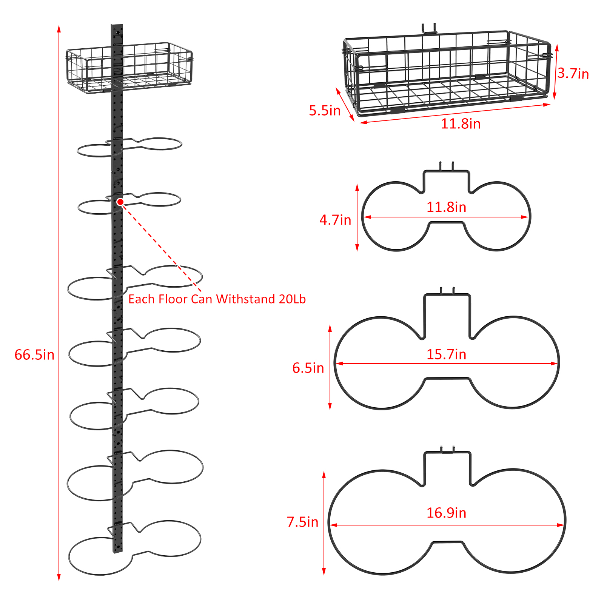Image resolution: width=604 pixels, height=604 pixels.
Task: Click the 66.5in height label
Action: pyautogui.click(x=34, y=355)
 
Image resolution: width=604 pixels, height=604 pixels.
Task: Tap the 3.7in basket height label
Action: pyautogui.click(x=573, y=74)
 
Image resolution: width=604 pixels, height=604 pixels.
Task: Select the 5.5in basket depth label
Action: pyautogui.click(x=325, y=111)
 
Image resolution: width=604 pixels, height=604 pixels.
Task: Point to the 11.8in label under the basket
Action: pyautogui.click(x=461, y=124)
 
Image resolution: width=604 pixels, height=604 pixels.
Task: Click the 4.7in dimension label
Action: pyautogui.click(x=335, y=220)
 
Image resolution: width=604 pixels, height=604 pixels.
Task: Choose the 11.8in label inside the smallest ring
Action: pyautogui.click(x=446, y=207)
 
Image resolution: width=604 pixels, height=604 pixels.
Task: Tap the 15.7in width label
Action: pyautogui.click(x=446, y=354)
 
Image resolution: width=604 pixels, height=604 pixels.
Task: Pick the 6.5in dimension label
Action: pyautogui.click(x=308, y=368)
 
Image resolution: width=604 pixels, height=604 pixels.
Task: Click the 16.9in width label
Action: pyautogui.click(x=446, y=513)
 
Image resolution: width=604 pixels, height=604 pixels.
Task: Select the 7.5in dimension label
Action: pyautogui.click(x=302, y=522)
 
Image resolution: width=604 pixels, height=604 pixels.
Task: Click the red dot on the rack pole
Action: pyautogui.click(x=120, y=202)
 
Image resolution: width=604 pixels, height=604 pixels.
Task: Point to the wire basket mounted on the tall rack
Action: pyautogui.click(x=129, y=67)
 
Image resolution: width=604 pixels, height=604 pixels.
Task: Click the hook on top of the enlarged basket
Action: pyautogui.click(x=429, y=29)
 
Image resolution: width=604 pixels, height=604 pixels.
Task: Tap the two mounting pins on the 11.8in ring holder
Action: pyautogui.click(x=447, y=166)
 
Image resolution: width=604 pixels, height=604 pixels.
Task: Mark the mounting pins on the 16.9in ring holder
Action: pyautogui.click(x=447, y=449)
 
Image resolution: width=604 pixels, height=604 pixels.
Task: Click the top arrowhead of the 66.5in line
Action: pyautogui.click(x=59, y=29)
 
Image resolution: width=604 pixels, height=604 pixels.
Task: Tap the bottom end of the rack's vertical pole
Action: pyautogui.click(x=118, y=552)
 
